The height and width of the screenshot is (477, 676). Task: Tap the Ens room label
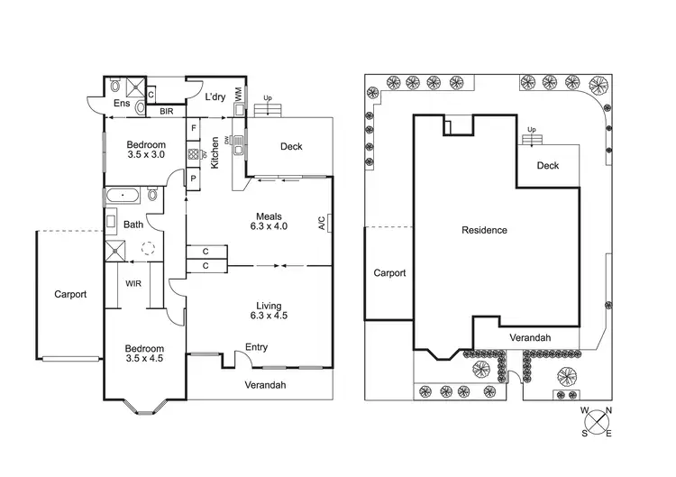pos(122,104)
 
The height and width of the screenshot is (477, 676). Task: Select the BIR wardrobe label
pos(167,112)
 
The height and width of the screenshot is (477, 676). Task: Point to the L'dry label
pos(215,96)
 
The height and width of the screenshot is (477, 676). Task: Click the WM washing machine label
pos(238,94)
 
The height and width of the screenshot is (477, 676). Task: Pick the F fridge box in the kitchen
pos(193,128)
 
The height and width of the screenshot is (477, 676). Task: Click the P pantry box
pos(193,179)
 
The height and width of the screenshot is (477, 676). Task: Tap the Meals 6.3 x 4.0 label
pos(269,222)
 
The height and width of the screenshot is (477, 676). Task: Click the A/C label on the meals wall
pos(321,223)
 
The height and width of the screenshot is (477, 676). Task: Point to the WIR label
pos(133,283)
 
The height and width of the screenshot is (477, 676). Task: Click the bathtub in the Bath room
pos(121,195)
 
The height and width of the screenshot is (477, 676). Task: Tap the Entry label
pos(257,347)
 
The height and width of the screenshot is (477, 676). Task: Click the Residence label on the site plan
pos(484,230)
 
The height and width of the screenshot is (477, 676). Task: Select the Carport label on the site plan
pos(389,272)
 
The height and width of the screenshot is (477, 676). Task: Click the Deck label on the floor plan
pos(291,146)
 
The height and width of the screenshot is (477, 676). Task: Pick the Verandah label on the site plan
pos(530,337)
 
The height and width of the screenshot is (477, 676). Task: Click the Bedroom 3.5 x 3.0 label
pos(145,150)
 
